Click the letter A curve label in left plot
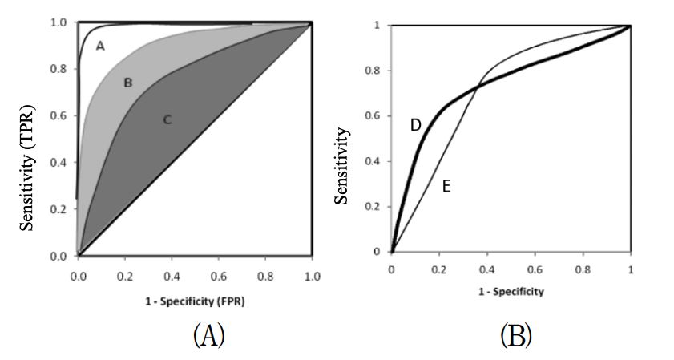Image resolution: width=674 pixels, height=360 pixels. tap(100, 47)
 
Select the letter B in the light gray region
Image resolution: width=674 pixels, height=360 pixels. tap(127, 83)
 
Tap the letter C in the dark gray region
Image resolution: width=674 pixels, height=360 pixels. tap(167, 120)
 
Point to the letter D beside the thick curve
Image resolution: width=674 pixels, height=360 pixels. tap(415, 125)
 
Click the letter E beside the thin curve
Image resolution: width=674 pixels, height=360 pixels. tap(446, 186)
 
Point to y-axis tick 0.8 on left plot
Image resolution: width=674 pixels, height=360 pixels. tap(59, 70)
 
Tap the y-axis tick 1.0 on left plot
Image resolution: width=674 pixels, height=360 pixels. tap(59, 22)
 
